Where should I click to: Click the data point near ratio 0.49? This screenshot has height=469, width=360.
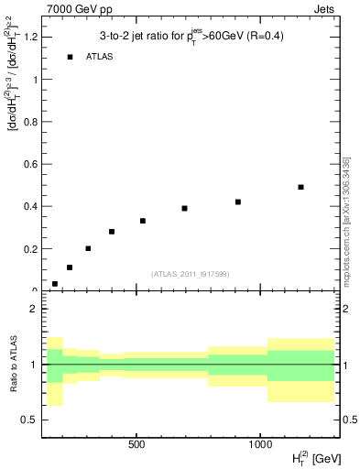coord(300,187)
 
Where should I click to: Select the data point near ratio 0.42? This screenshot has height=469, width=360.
coord(238,202)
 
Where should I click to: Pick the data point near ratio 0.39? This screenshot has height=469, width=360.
coord(184,208)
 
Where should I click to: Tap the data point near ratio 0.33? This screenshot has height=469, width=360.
coord(143,221)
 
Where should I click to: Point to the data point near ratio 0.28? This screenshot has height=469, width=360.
coord(112,232)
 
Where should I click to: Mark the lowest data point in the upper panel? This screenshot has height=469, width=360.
coord(55,284)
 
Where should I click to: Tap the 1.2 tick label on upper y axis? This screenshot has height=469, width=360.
coord(27,37)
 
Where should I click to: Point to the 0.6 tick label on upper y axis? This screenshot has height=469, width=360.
coord(27,164)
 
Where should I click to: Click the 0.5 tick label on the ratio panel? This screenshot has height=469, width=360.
coord(29,420)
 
